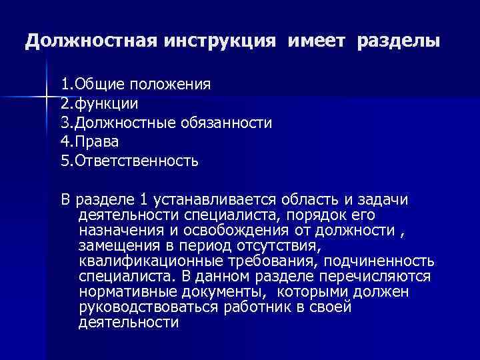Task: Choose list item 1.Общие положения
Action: (136, 85)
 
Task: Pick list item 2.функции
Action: (100, 104)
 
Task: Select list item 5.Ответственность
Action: (129, 161)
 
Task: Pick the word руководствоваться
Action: (145, 307)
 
